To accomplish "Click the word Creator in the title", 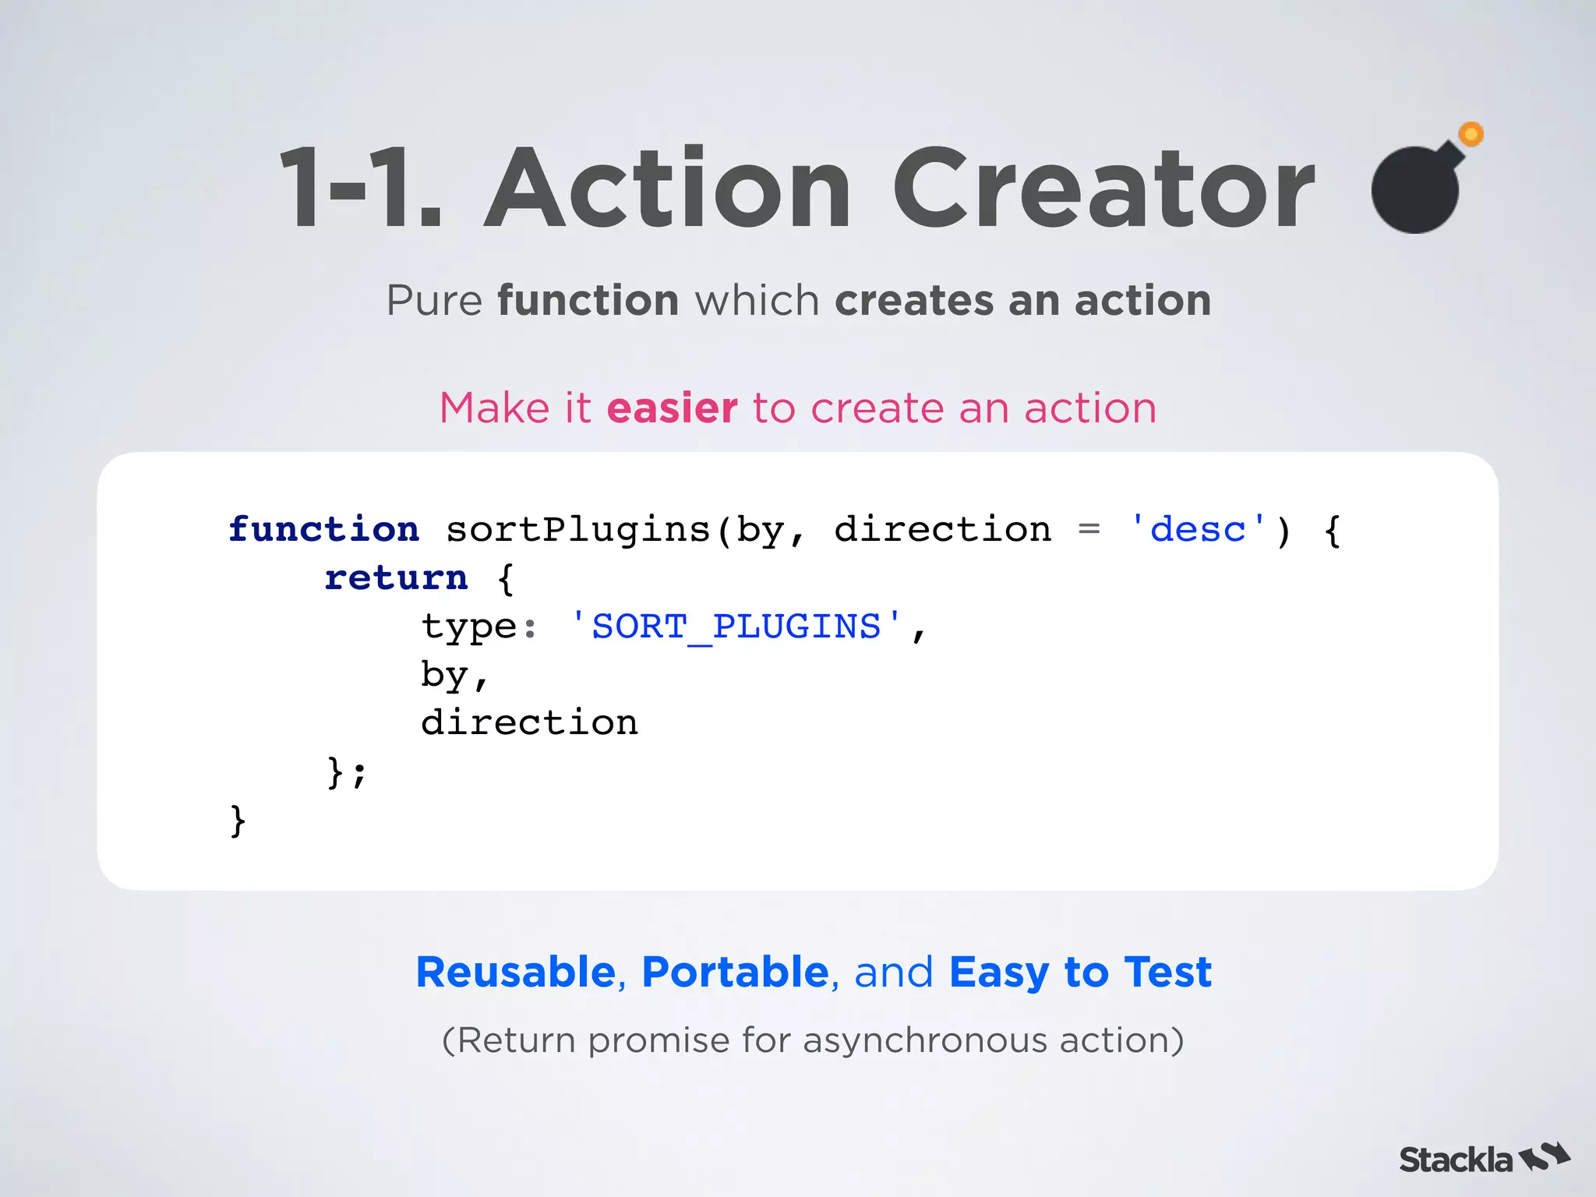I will [1103, 189].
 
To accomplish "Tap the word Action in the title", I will [669, 189].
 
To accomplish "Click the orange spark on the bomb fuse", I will [1471, 135].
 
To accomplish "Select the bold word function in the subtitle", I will [588, 301].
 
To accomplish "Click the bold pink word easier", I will [672, 408].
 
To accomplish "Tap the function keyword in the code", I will [323, 530].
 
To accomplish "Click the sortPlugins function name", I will [578, 530].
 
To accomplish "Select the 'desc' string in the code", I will [1198, 530].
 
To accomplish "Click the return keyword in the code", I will [396, 578].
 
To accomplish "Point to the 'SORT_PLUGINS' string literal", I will [736, 627].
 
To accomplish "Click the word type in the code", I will [468, 627].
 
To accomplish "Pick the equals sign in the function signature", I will [1089, 530].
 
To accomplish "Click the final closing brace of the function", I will [238, 821].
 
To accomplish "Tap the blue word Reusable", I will [516, 972].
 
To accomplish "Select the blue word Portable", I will [735, 972].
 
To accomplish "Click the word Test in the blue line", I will [1167, 972].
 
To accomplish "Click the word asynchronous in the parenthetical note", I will [925, 1040].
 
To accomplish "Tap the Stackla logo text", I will [1455, 1160].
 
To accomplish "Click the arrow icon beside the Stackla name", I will [1545, 1156].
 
